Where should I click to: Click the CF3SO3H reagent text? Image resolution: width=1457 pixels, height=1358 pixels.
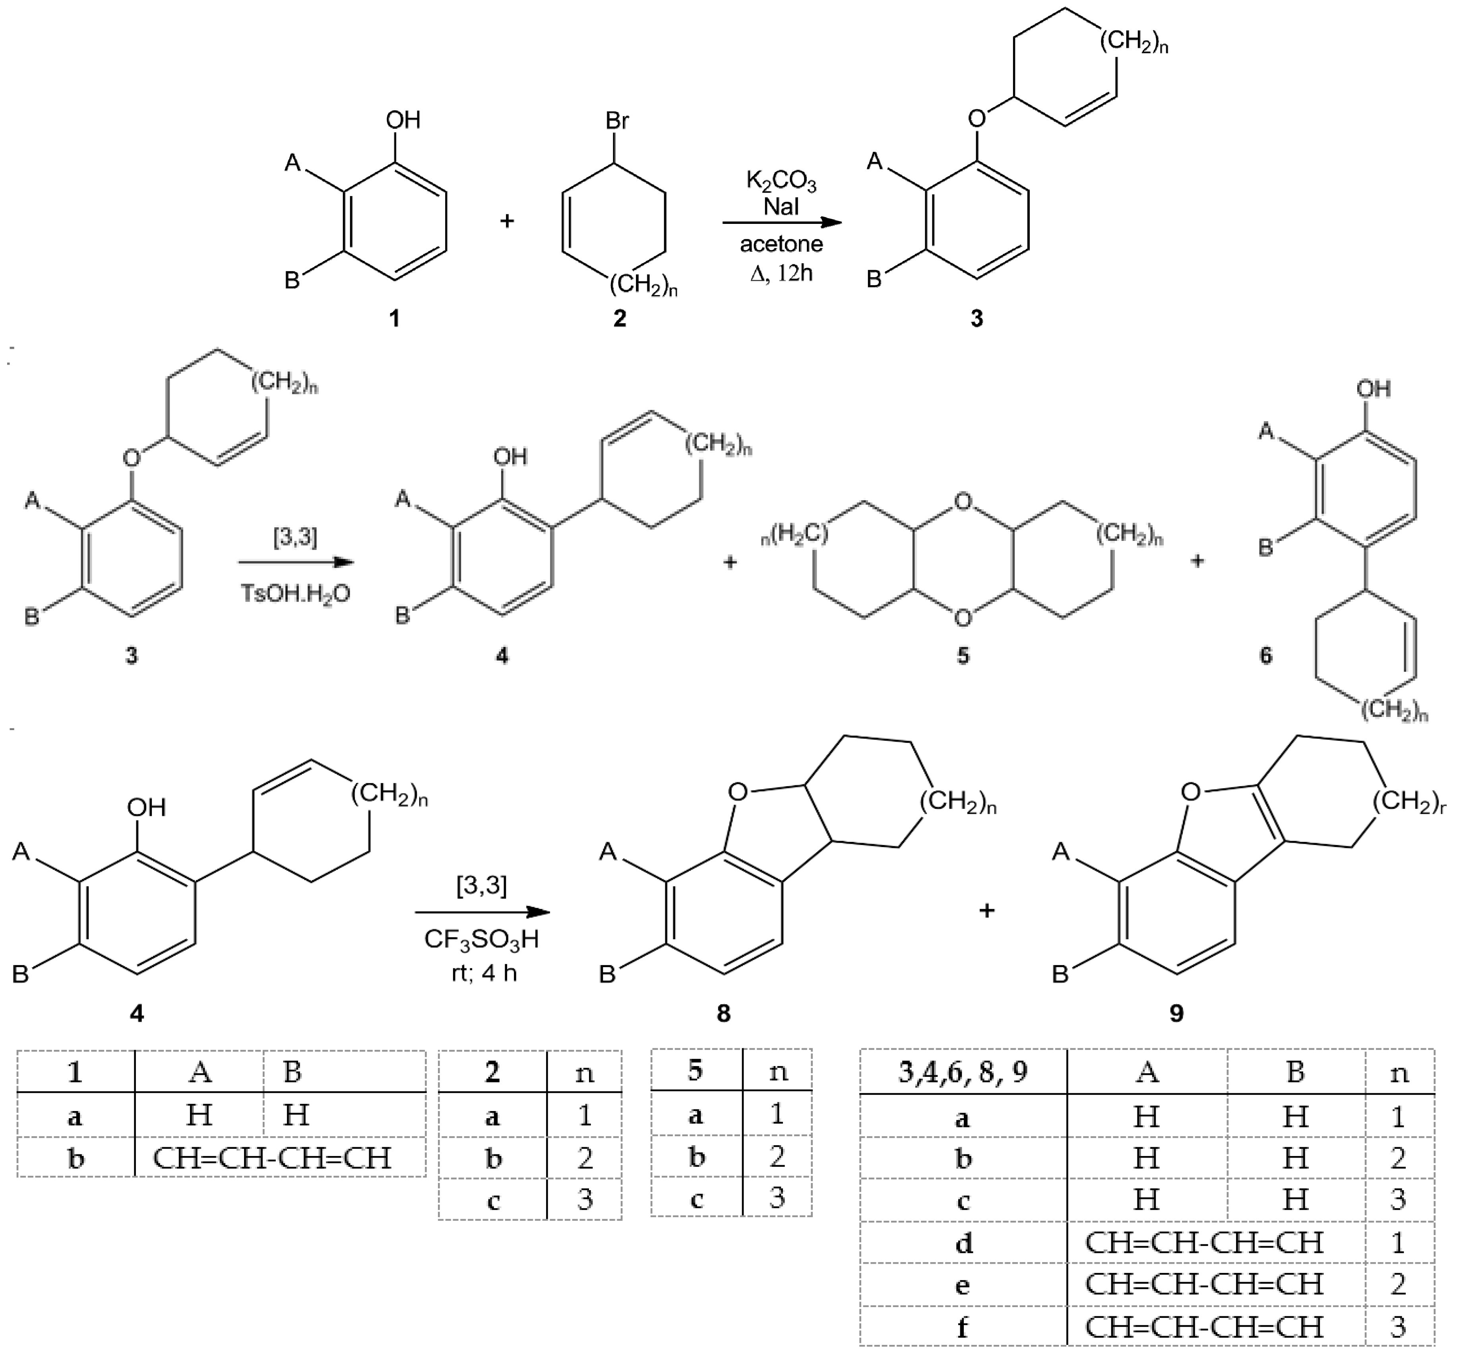482,939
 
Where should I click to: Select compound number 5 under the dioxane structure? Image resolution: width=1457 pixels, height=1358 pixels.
963,655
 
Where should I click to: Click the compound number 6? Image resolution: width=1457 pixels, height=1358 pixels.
1266,655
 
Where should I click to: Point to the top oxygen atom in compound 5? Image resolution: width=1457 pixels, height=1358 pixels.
963,501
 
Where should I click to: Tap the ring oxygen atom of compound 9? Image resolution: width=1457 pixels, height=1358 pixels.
1191,792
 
